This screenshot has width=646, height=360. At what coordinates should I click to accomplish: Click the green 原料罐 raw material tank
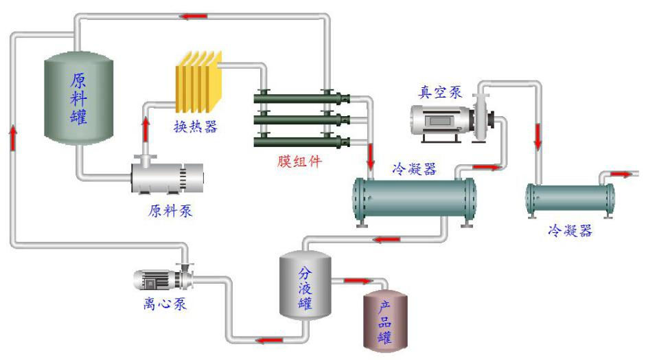78,99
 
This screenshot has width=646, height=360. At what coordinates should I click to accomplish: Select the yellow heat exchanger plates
199,82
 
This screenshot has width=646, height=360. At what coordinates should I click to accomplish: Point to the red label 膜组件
299,162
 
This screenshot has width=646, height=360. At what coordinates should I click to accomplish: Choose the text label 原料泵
170,211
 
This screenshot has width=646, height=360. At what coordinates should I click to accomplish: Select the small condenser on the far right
570,198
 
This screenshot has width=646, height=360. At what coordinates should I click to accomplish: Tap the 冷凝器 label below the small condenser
570,231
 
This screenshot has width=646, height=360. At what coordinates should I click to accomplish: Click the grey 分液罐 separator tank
304,284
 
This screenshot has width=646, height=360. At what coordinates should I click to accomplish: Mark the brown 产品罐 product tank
384,319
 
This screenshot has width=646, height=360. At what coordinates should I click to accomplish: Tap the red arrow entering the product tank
357,280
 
